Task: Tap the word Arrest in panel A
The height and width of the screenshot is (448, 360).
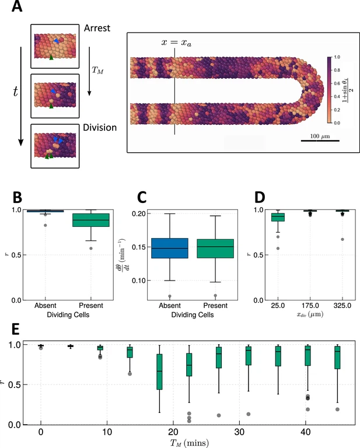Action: (x=96, y=28)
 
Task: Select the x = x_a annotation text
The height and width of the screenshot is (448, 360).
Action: (x=174, y=43)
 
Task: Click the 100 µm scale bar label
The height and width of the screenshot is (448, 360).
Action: (x=320, y=135)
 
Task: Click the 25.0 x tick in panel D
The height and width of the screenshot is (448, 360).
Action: (x=277, y=305)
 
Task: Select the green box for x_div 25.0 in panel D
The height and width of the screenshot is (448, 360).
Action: (x=278, y=217)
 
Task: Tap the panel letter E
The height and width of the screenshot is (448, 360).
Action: (x=18, y=330)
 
